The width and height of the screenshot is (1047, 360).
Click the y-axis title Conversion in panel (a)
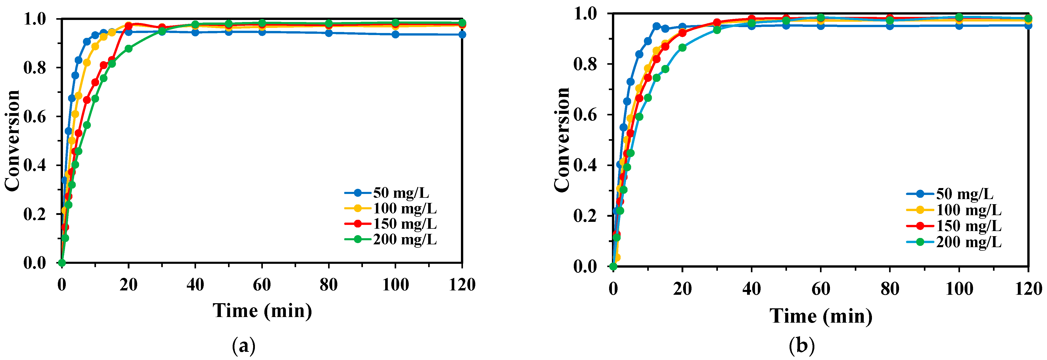point(12,140)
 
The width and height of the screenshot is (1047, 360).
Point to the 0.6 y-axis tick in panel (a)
point(35,117)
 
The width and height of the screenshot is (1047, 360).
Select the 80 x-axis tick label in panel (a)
point(328,285)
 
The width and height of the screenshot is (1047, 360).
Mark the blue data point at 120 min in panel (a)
point(462,35)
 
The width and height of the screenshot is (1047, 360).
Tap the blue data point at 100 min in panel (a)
point(395,35)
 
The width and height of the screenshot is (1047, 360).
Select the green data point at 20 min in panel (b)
point(682,48)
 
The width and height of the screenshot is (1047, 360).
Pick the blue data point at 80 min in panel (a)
point(329,33)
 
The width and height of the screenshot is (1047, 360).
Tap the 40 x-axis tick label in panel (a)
point(195,285)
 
